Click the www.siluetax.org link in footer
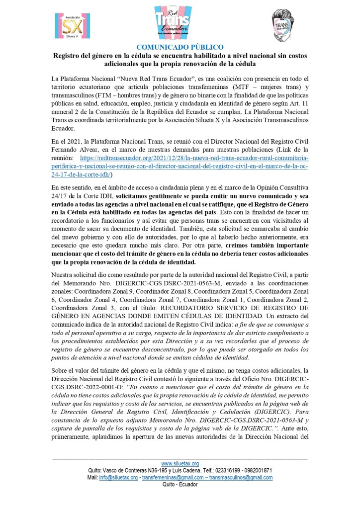[180, 463]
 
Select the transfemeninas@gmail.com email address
[173, 477]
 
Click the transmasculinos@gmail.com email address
[242, 477]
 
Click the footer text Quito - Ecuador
[180, 484]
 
